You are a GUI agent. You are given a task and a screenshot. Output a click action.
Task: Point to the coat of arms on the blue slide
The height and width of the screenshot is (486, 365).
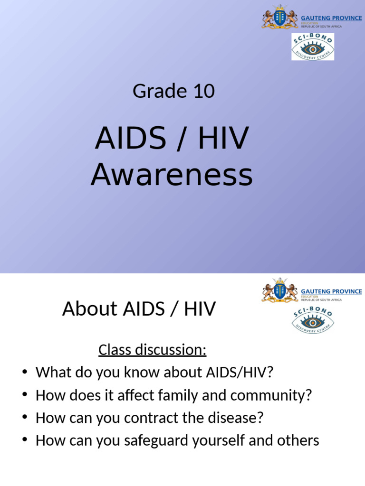[280, 18]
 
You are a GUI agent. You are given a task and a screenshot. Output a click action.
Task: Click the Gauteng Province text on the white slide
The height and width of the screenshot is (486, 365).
[331, 291]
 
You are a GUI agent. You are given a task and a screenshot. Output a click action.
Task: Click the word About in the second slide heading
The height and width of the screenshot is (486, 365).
[89, 309]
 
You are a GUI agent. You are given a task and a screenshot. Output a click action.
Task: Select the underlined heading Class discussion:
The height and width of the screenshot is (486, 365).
[152, 350]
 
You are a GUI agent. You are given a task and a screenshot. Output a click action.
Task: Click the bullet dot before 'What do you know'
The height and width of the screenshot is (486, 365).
[25, 373]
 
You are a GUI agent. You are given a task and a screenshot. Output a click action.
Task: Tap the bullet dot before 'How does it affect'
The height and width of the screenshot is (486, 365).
[25, 395]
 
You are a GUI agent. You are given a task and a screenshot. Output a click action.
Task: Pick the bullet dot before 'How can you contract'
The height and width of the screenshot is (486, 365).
[25, 418]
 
